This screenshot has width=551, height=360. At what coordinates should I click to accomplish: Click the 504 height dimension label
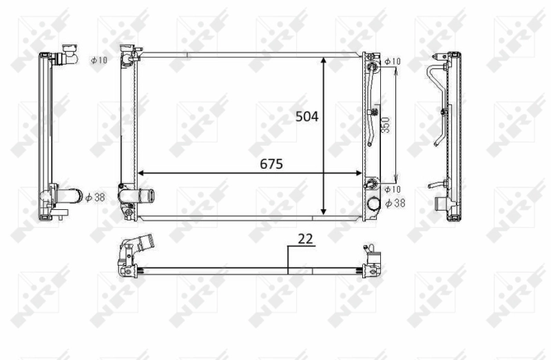click(x=307, y=117)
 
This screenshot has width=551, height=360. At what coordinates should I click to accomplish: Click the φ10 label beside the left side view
click(x=99, y=61)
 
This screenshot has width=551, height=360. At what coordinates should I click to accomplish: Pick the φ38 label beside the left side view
click(x=96, y=197)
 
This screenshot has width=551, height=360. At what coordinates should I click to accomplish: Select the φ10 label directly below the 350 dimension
click(x=392, y=189)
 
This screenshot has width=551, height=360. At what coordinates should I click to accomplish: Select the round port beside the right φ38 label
click(x=374, y=204)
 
